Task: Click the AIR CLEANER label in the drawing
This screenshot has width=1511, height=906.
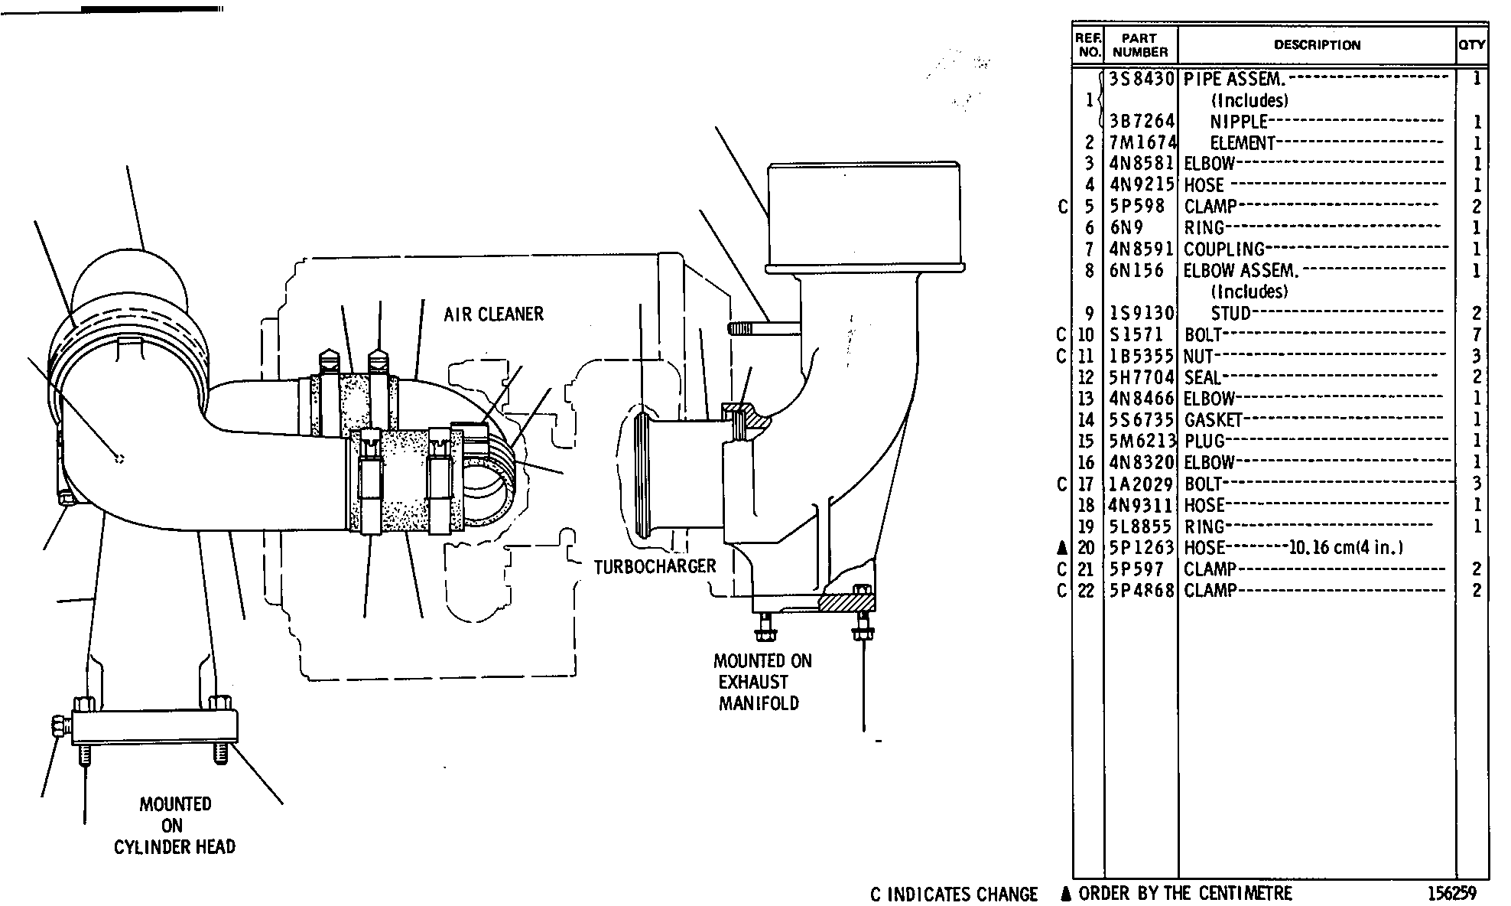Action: [493, 314]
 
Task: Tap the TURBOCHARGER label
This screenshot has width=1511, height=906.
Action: [655, 566]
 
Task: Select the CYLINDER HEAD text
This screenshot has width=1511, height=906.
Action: [175, 847]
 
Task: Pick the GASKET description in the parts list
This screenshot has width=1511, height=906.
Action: [1213, 419]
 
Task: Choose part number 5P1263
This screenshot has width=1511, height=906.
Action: [1141, 548]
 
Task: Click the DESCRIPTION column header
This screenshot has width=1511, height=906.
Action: [1317, 45]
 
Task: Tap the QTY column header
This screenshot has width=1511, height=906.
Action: [1472, 45]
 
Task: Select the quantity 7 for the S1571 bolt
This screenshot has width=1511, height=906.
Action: [1477, 334]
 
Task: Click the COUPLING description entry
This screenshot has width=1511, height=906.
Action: [1224, 249]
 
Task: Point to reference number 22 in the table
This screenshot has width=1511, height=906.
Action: [1086, 591]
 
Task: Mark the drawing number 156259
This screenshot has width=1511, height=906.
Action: [1451, 893]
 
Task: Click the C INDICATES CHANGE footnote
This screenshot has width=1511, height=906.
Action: [954, 895]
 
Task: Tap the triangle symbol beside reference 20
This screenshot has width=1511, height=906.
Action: [1062, 548]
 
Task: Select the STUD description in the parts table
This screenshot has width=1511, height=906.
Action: [1231, 313]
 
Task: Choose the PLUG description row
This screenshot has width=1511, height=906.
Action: [1204, 441]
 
